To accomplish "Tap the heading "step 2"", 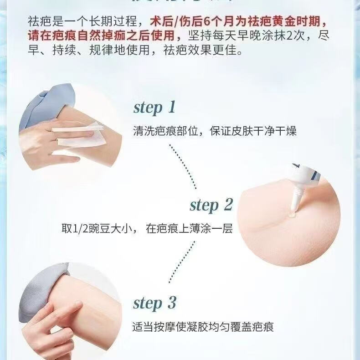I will click(211, 205).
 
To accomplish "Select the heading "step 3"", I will click(154, 303).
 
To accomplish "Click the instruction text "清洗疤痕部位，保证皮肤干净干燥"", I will click(215, 132).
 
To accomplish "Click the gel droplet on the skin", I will click(290, 213).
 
